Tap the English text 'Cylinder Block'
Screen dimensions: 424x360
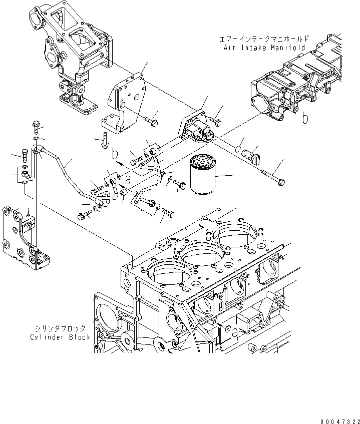pyautogui.click(x=59, y=337)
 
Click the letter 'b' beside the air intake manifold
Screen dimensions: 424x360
pyautogui.click(x=304, y=118)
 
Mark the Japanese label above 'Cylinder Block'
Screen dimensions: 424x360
pyautogui.click(x=59, y=328)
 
